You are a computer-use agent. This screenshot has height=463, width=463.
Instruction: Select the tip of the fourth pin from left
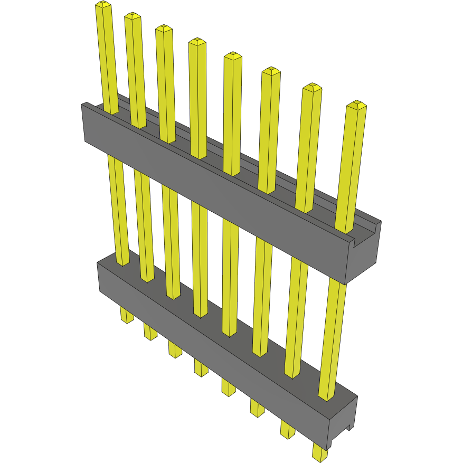click(x=197, y=41)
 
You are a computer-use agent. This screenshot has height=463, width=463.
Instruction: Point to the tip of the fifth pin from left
click(x=233, y=55)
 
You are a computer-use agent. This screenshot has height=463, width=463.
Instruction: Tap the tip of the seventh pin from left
click(x=312, y=87)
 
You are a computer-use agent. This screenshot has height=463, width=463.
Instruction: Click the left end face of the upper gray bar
click(x=84, y=122)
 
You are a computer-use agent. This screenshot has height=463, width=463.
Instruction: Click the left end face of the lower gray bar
click(x=99, y=277)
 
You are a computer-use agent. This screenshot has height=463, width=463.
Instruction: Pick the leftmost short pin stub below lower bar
click(x=126, y=315)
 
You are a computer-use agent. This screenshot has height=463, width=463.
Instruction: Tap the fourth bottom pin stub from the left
click(x=201, y=367)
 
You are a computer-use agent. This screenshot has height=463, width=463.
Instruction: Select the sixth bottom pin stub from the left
click(x=257, y=408)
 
